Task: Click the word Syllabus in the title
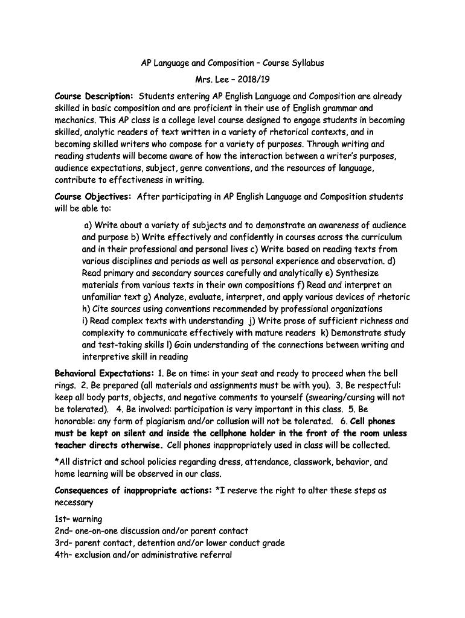point(306,63)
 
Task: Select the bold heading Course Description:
point(94,96)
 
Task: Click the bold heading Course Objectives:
point(93,196)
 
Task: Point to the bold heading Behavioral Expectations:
point(104,373)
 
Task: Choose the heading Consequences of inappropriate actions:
point(133,490)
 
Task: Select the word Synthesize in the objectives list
point(374,273)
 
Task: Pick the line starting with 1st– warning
point(79,519)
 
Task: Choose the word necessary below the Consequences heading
point(74,502)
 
